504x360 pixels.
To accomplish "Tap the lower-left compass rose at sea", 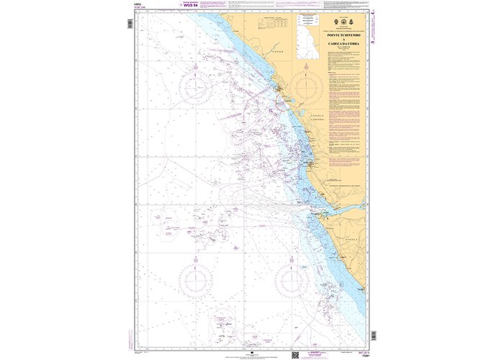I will click(x=195, y=279).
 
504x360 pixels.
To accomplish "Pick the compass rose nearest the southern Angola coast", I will click(x=294, y=279).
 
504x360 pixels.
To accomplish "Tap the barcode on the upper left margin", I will click(x=128, y=24).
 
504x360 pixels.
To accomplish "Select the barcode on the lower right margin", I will click(x=372, y=335).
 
